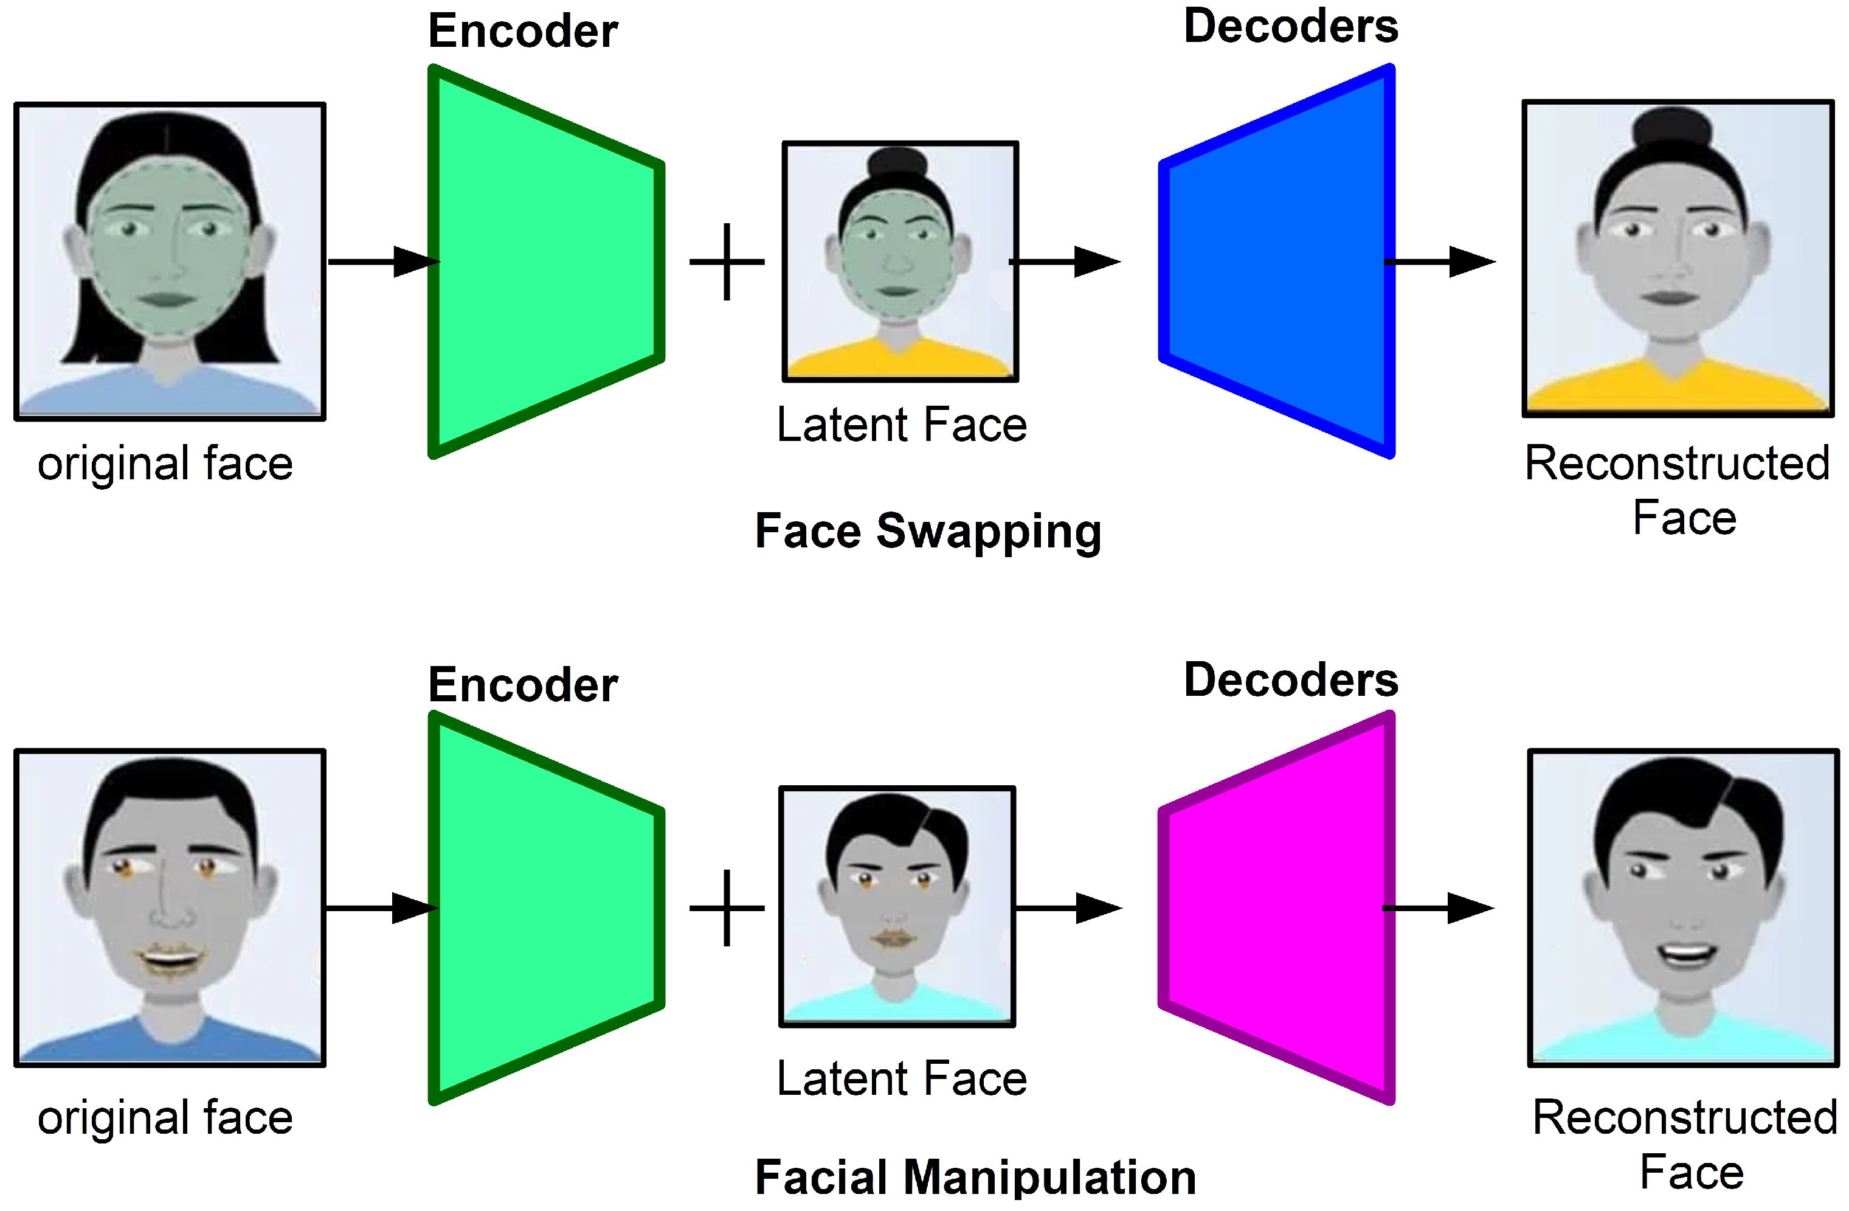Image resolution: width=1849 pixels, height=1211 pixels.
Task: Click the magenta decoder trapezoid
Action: coord(1278,908)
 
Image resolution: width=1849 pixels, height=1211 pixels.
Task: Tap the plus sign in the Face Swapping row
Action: coord(727,262)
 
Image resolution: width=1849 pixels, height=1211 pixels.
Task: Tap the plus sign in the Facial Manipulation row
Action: coord(727,908)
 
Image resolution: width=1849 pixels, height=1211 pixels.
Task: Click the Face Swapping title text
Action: coord(928,532)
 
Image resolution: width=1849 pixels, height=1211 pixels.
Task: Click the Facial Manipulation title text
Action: coord(975,1177)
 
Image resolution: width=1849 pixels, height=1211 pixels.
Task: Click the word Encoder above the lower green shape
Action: coord(523,685)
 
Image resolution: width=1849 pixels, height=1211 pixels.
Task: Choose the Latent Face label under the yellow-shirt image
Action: coord(901,425)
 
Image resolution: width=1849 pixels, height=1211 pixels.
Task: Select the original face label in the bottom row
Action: coord(165,1118)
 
